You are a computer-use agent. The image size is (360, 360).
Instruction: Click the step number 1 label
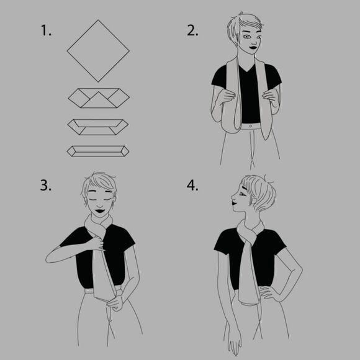46,30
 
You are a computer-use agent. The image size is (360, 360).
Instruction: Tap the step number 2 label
192,30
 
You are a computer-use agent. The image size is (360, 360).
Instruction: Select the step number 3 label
46,186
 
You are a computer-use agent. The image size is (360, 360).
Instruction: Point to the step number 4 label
192,186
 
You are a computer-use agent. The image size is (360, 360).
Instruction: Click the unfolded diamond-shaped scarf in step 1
98,51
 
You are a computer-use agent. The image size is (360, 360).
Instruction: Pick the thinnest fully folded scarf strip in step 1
98,151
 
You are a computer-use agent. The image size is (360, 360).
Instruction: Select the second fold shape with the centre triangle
99,98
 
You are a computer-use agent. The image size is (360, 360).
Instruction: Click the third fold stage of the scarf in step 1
98,127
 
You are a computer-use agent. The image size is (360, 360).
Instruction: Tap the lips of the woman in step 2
253,48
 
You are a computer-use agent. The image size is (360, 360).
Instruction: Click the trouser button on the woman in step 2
251,126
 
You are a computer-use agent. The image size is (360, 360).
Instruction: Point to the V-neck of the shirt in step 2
248,68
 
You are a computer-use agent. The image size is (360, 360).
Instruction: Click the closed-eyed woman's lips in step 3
100,210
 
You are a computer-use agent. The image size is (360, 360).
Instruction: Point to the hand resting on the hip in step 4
268,293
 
